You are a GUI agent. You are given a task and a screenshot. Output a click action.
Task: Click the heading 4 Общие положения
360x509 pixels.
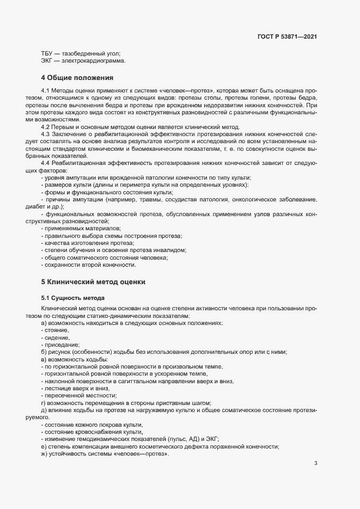pos(77,77)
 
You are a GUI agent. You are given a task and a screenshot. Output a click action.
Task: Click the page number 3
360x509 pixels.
pos(316,463)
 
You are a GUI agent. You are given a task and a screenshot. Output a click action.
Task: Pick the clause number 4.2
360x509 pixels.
pos(46,127)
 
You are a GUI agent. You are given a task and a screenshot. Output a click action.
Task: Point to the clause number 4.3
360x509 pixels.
pos(46,134)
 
